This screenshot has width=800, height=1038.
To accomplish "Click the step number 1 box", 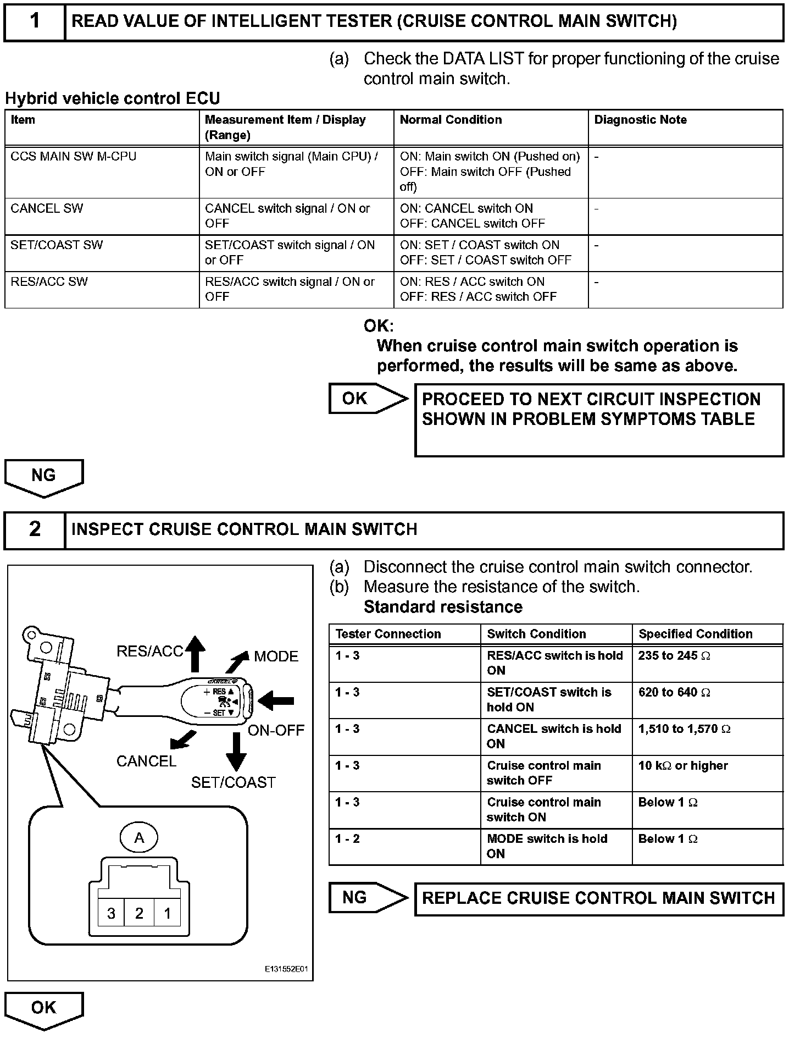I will (x=35, y=21).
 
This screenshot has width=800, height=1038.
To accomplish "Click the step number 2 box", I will (x=35, y=529).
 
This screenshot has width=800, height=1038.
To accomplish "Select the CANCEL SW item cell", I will (x=102, y=216).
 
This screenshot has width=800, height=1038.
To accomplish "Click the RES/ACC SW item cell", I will (x=102, y=289).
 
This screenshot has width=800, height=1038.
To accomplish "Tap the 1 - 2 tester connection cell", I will (x=404, y=847).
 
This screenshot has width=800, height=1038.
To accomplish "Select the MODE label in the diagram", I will (x=276, y=656).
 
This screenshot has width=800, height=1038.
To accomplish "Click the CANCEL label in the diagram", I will (x=146, y=761).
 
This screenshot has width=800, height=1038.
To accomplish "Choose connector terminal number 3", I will (x=111, y=914).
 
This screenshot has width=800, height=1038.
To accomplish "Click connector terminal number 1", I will (x=167, y=914).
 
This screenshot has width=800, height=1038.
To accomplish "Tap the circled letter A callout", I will (x=139, y=838).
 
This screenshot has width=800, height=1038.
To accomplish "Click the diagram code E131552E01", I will (x=287, y=970).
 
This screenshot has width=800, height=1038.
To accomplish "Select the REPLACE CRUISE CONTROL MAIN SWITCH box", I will (x=598, y=899).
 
